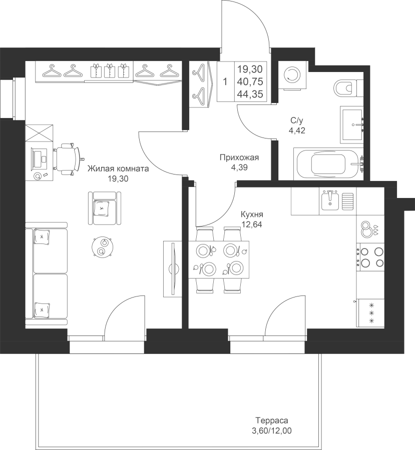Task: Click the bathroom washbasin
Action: coord(352,124)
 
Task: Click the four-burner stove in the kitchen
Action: coord(370,257)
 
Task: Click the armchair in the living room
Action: coord(104,208)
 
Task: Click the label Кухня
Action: coord(252,214)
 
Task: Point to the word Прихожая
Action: coord(239,157)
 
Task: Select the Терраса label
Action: coord(272,420)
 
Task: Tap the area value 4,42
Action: coord(297,131)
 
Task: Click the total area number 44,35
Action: coord(250,94)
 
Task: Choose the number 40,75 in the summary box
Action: coord(250,82)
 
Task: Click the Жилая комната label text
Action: coord(118,168)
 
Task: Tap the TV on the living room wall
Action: coord(174,268)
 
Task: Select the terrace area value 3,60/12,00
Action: coord(272,431)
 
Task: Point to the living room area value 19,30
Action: coord(118,179)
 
